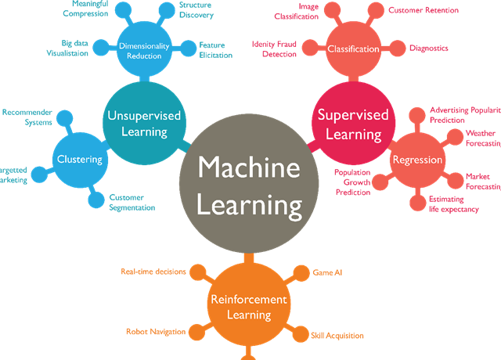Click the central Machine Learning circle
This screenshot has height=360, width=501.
tap(249, 186)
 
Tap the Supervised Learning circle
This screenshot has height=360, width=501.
tap(352, 124)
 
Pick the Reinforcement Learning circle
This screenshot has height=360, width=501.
tap(248, 307)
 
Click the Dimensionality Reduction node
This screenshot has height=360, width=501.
tap(145, 51)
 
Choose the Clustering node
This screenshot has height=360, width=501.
tap(79, 160)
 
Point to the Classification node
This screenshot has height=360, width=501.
tap(352, 49)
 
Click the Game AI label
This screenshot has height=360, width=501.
tap(327, 273)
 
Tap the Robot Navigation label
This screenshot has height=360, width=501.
tap(156, 332)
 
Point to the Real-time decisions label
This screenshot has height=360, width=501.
tap(153, 272)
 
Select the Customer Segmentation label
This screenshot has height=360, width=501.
tap(132, 202)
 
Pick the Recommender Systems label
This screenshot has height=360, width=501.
tap(27, 117)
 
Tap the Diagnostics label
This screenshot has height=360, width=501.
tap(428, 48)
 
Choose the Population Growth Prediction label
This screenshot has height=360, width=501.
tap(351, 182)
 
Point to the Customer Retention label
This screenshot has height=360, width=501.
tap(424, 10)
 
